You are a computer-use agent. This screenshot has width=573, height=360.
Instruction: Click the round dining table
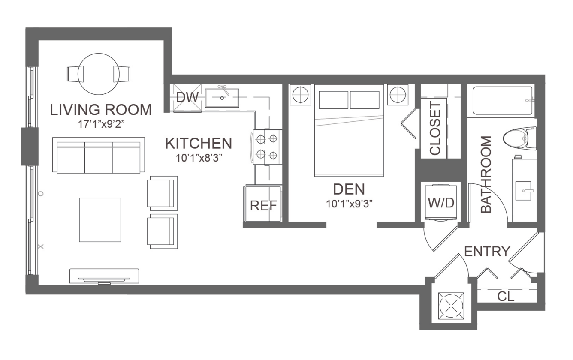point(99,74)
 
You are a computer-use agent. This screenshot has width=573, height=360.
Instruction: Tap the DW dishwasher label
point(187,97)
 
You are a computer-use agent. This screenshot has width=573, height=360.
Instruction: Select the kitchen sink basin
point(222,98)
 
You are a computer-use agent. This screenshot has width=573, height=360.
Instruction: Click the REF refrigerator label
point(263,205)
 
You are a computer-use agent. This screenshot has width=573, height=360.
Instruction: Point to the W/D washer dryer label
point(441,203)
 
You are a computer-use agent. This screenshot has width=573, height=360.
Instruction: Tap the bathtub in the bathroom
point(503,101)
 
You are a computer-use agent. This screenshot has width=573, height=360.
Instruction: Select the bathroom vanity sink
point(523,191)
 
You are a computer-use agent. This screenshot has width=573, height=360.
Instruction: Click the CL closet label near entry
point(506,297)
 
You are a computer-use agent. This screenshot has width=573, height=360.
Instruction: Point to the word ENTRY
point(487,252)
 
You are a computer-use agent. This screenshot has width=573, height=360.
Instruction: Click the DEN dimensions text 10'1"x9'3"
point(349,204)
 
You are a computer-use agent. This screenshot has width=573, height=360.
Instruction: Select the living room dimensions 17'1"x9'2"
point(101,124)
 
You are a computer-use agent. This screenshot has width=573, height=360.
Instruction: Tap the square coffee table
point(100,220)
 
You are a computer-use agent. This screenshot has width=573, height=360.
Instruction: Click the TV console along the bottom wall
point(104,276)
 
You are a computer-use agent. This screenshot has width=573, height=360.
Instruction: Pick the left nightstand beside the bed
point(300,95)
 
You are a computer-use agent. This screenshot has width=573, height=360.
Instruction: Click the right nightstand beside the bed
point(398,95)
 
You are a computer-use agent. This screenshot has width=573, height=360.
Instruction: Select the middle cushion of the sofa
point(99,158)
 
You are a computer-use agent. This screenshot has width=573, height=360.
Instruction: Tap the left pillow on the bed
point(334,100)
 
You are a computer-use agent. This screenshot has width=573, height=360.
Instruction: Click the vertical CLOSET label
point(435,128)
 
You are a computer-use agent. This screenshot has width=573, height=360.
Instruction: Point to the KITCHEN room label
point(199,143)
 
